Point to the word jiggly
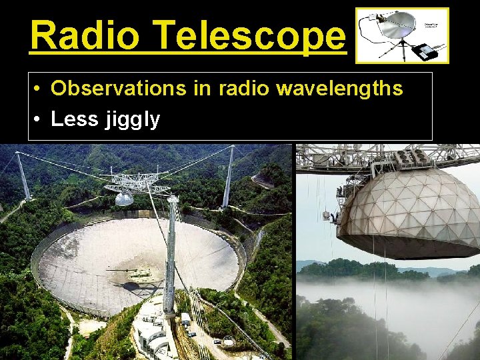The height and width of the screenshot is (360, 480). coord(132,120)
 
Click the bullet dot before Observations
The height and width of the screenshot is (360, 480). coord(40,89)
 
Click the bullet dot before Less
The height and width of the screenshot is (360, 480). coord(40,120)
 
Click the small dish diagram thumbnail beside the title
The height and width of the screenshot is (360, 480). coord(402,35)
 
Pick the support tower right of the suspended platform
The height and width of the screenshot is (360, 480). coord(228,177)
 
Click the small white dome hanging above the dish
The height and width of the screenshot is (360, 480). coord(124,198)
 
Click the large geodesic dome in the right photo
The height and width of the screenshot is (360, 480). coord(407,207)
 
